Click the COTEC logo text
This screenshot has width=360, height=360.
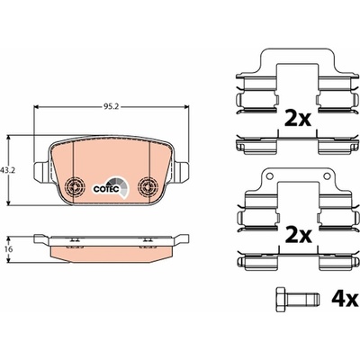pyautogui.click(x=106, y=189)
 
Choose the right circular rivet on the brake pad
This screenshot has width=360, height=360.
pyautogui.click(x=148, y=187)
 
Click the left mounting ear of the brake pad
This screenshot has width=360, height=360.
pyautogui.click(x=42, y=172)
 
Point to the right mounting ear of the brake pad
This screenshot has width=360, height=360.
pyautogui.click(x=181, y=172)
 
